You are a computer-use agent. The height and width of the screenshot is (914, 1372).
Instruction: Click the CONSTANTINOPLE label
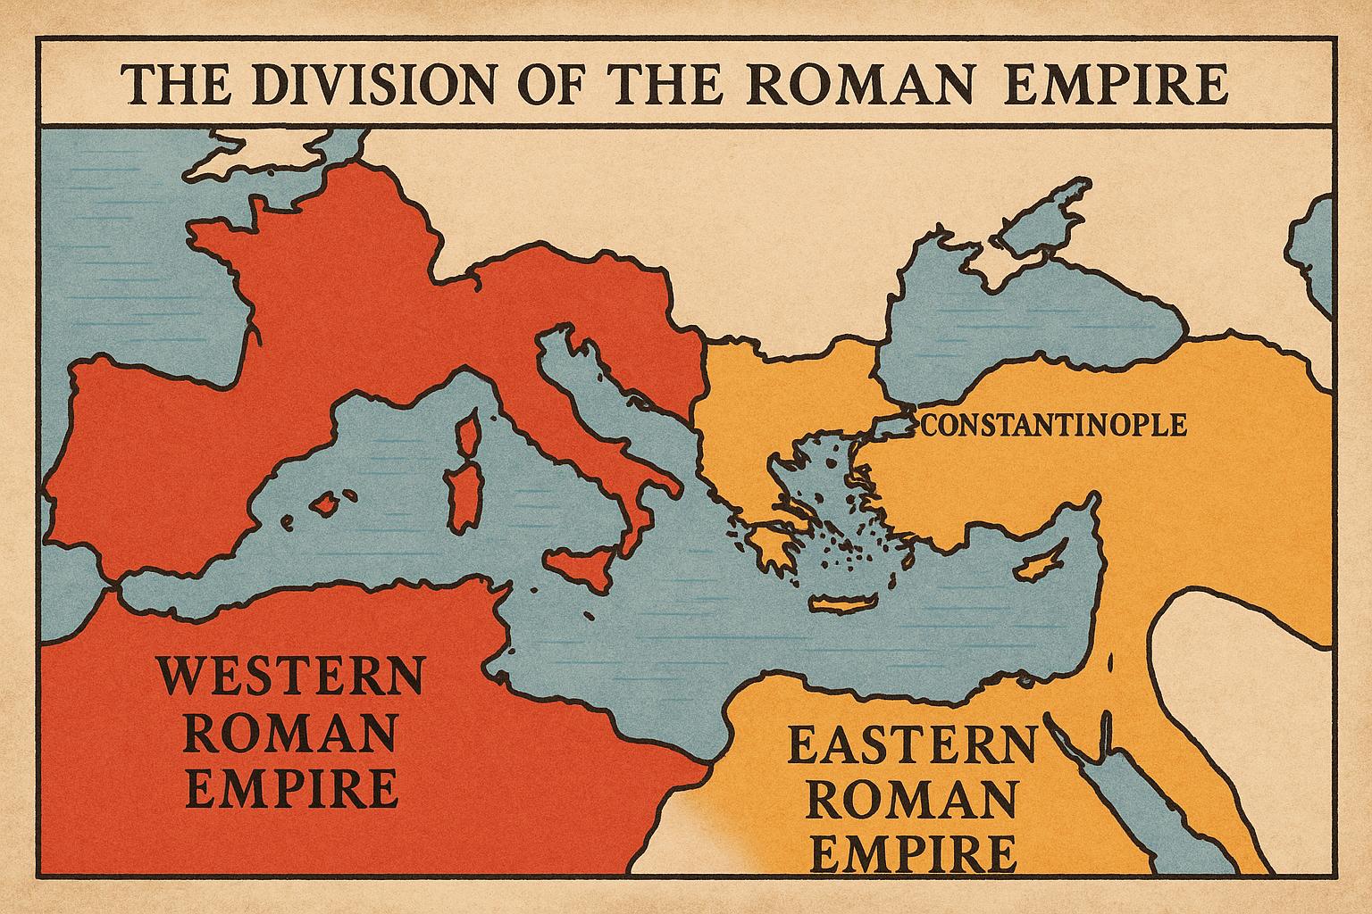click(x=1054, y=425)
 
